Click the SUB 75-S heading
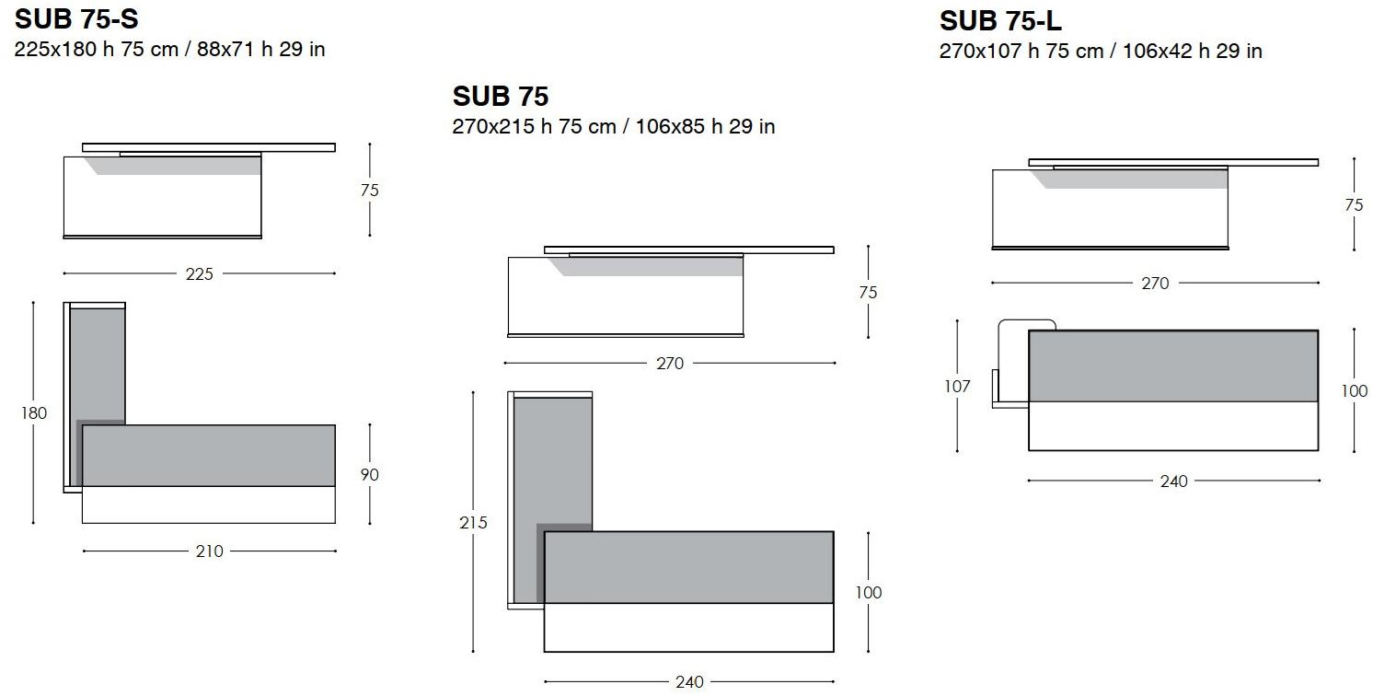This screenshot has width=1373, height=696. click(x=76, y=19)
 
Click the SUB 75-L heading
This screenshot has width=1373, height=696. click(x=1000, y=21)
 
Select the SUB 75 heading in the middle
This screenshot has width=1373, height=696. click(x=501, y=97)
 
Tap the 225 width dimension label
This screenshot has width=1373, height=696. click(x=199, y=274)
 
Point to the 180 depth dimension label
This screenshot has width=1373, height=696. click(x=34, y=413)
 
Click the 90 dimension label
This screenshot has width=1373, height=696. click(x=369, y=475)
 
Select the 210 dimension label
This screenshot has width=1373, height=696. click(x=209, y=551)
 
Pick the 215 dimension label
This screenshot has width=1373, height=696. click(x=473, y=522)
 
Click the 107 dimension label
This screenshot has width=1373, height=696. click(x=957, y=387)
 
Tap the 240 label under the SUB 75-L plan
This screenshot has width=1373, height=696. click(x=1174, y=481)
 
